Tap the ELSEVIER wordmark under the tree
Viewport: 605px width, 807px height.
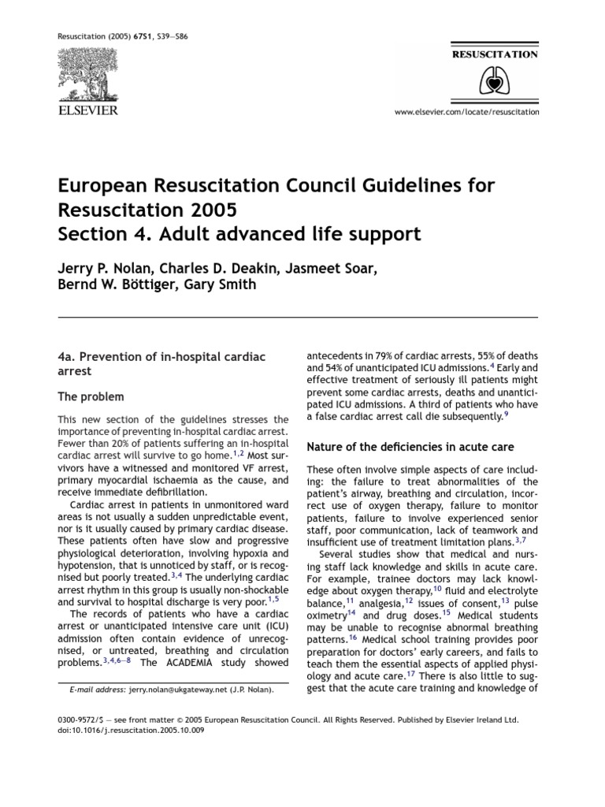tap(88, 110)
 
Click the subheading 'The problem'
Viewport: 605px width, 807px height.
tap(91, 396)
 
